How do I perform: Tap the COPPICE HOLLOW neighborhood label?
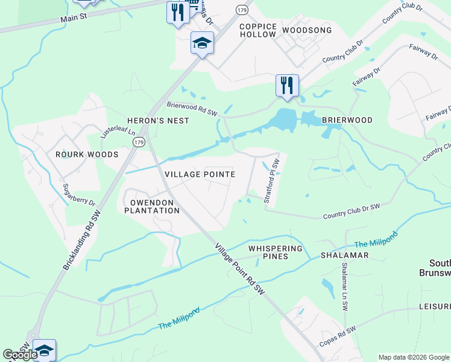(258, 31)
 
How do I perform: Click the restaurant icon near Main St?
(177, 12)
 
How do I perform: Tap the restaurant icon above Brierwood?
(287, 85)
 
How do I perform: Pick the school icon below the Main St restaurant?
(202, 43)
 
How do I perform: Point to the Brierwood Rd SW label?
(192, 109)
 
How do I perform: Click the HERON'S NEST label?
(158, 121)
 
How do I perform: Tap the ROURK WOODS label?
(87, 154)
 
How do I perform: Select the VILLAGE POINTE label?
(200, 174)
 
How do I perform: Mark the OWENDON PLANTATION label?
(152, 206)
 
